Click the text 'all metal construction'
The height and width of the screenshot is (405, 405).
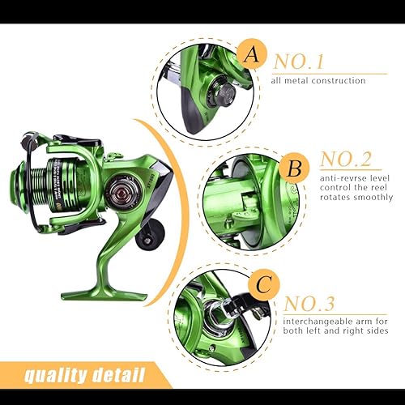coord(318,80)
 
